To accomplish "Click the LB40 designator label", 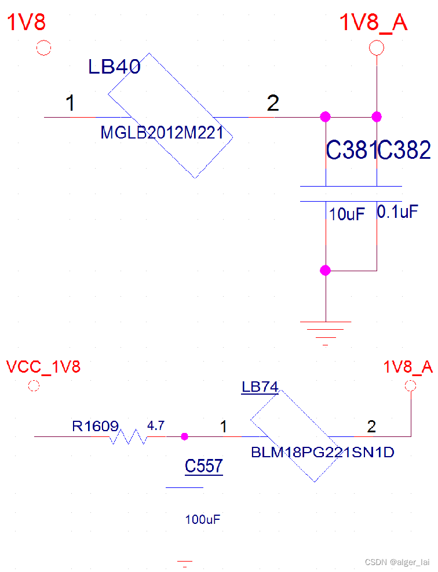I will coord(114,67).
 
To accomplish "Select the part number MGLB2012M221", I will coord(162,133).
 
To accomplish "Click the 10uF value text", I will coord(347,214).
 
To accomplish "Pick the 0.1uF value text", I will coord(397,212).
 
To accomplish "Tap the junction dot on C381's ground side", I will coord(325,270).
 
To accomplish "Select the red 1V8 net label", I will coord(26,23).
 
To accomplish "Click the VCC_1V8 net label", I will coord(43,367).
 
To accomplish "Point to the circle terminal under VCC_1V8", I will coord(34,385).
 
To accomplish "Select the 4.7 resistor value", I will coord(156,426).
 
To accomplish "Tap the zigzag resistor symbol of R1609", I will coord(128,436).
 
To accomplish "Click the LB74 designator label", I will coord(260,387).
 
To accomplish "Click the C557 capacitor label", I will coord(204,466).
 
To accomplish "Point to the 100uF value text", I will coord(203,520).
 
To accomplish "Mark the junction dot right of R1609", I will coord(184,436).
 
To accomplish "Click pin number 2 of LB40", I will coord(273,104).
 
